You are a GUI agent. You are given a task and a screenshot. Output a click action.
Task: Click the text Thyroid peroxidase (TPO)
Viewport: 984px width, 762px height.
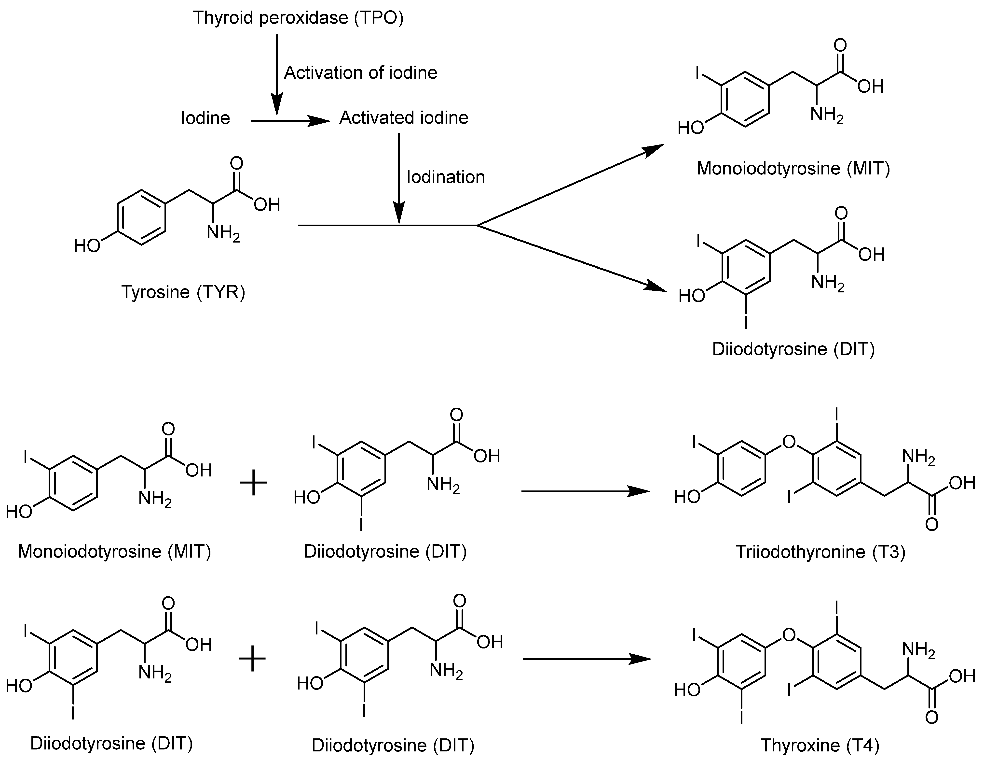tap(298, 18)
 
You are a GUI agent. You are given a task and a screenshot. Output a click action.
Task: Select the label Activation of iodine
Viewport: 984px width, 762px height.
tap(360, 72)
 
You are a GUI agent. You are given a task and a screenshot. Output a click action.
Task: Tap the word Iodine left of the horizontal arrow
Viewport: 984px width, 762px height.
tap(205, 118)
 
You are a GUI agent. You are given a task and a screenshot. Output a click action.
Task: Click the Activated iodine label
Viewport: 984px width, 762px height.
tap(404, 118)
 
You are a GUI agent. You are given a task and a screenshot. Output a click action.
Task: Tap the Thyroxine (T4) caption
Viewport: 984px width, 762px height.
tap(820, 745)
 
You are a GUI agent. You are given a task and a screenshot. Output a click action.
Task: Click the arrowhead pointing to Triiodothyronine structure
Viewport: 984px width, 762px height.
tap(640, 491)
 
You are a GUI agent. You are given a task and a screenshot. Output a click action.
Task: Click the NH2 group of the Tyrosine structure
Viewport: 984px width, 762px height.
tap(223, 233)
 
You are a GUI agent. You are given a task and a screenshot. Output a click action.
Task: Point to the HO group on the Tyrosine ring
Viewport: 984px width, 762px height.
tap(87, 246)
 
